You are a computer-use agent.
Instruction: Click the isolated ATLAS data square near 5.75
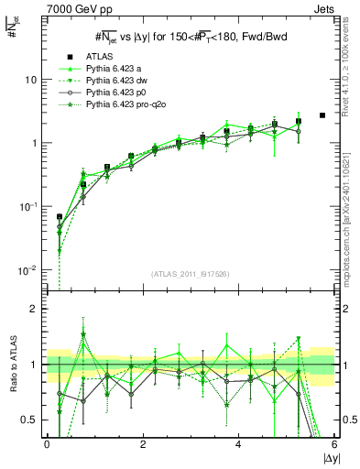[x=322, y=115]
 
